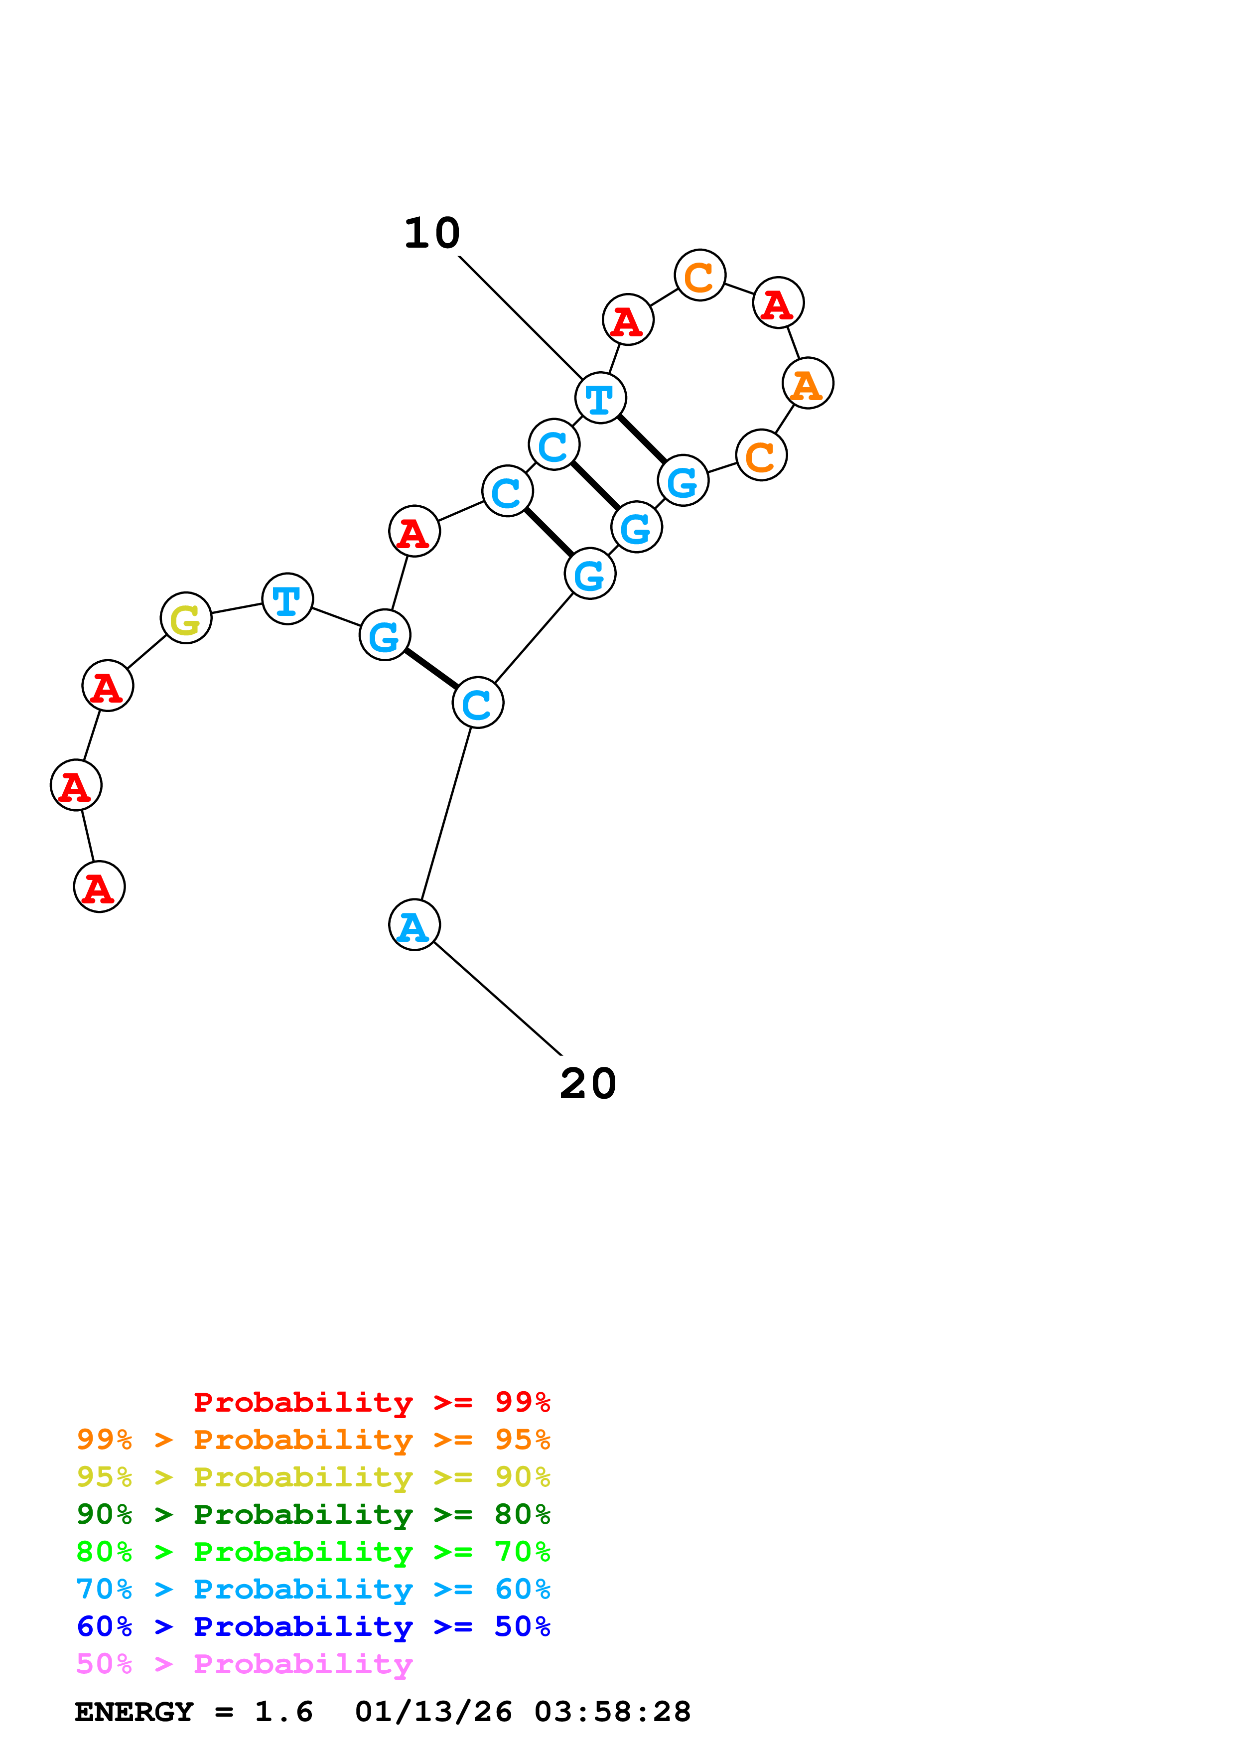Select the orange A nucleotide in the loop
(808, 383)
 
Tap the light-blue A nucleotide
(414, 925)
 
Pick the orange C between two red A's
(699, 275)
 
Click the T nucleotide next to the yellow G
(287, 598)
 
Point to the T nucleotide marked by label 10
(600, 398)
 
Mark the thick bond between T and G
(642, 438)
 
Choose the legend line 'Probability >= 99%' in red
(371, 1402)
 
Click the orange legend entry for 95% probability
(313, 1440)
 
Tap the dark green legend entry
(313, 1514)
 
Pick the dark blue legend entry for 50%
(313, 1626)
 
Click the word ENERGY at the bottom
(134, 1712)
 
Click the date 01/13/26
(433, 1712)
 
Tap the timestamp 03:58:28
(613, 1712)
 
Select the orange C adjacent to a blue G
(761, 455)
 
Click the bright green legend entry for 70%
(313, 1552)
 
